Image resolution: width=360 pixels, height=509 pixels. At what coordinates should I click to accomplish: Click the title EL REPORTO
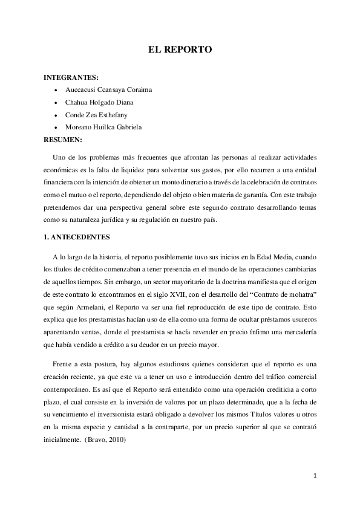[x=180, y=50]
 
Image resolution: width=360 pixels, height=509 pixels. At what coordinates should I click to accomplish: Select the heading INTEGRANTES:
[x=71, y=77]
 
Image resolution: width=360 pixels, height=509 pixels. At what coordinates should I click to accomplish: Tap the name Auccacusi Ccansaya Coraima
[x=108, y=89]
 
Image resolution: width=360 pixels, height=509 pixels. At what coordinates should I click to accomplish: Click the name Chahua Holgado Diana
[x=99, y=102]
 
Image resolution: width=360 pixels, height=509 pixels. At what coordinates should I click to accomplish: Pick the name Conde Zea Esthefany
[x=96, y=115]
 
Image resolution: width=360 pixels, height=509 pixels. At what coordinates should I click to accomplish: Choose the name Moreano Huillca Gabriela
[x=104, y=128]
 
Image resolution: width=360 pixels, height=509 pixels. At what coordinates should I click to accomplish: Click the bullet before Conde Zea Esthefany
[x=56, y=115]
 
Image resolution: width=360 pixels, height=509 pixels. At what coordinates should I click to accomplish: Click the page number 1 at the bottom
[x=315, y=476]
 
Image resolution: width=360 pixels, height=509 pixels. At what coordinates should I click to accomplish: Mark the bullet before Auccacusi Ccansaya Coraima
[x=56, y=89]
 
